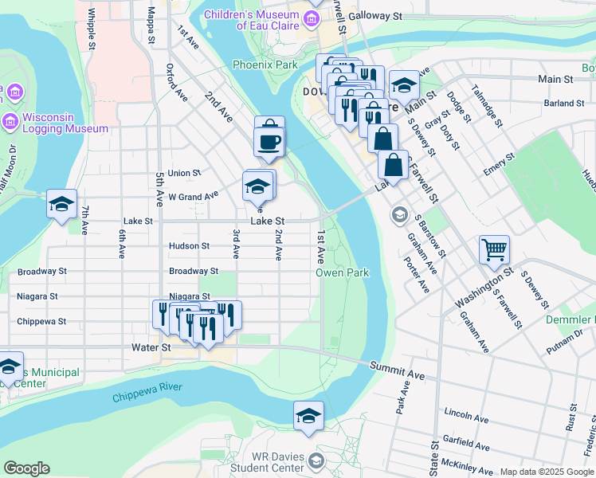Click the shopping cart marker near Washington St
point(494,249)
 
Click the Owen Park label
point(342,272)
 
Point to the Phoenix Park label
point(261,65)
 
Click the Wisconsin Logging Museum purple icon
point(10,122)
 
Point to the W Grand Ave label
point(193,195)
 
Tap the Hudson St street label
point(189,246)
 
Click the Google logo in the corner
point(26,468)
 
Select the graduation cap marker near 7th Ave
point(61,204)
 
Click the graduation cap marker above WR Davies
point(308,415)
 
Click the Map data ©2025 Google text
point(546,472)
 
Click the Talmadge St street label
point(486,106)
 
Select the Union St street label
point(184,173)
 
